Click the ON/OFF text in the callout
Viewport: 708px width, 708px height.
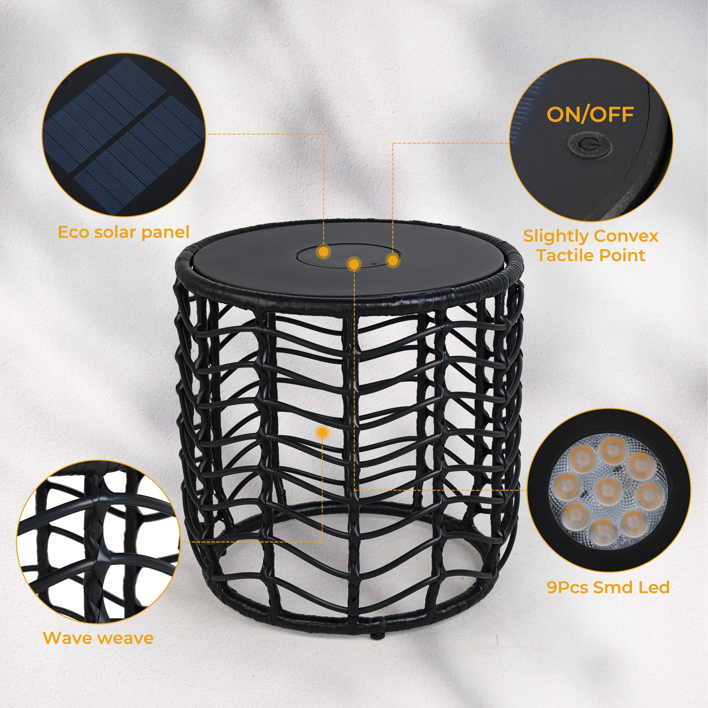tap(590, 114)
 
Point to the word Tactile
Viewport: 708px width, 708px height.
tap(568, 256)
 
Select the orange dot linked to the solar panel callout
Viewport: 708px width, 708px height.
tap(324, 251)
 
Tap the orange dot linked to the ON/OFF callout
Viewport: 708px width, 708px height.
tap(393, 261)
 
